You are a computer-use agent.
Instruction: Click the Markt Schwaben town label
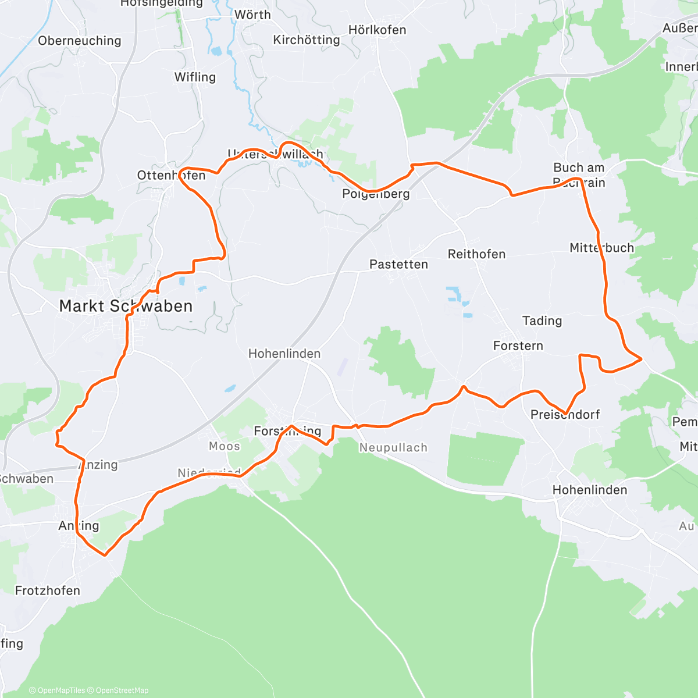(x=126, y=306)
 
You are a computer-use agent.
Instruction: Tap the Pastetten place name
(x=398, y=264)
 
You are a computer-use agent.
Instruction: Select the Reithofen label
(x=476, y=254)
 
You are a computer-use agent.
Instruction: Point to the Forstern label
(x=518, y=346)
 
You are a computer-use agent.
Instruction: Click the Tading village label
(x=542, y=321)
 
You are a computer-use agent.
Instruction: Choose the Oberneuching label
(x=80, y=41)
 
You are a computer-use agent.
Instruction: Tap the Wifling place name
(x=195, y=77)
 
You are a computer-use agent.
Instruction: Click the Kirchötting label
(x=307, y=40)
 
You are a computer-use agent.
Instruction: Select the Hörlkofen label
(x=377, y=30)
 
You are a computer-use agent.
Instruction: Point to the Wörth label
(x=252, y=15)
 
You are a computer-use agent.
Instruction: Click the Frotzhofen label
(x=48, y=591)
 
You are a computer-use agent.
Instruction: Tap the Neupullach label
(x=393, y=448)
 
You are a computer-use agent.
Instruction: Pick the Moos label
(x=225, y=446)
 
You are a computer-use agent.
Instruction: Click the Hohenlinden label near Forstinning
(x=284, y=354)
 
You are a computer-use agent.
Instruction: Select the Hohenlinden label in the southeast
(x=590, y=490)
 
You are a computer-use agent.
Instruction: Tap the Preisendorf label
(x=565, y=415)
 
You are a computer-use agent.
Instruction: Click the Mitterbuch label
(x=601, y=248)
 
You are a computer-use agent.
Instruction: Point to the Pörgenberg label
(x=376, y=194)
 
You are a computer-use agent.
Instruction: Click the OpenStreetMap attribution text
(x=121, y=690)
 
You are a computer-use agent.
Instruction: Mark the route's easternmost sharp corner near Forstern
(x=641, y=359)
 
